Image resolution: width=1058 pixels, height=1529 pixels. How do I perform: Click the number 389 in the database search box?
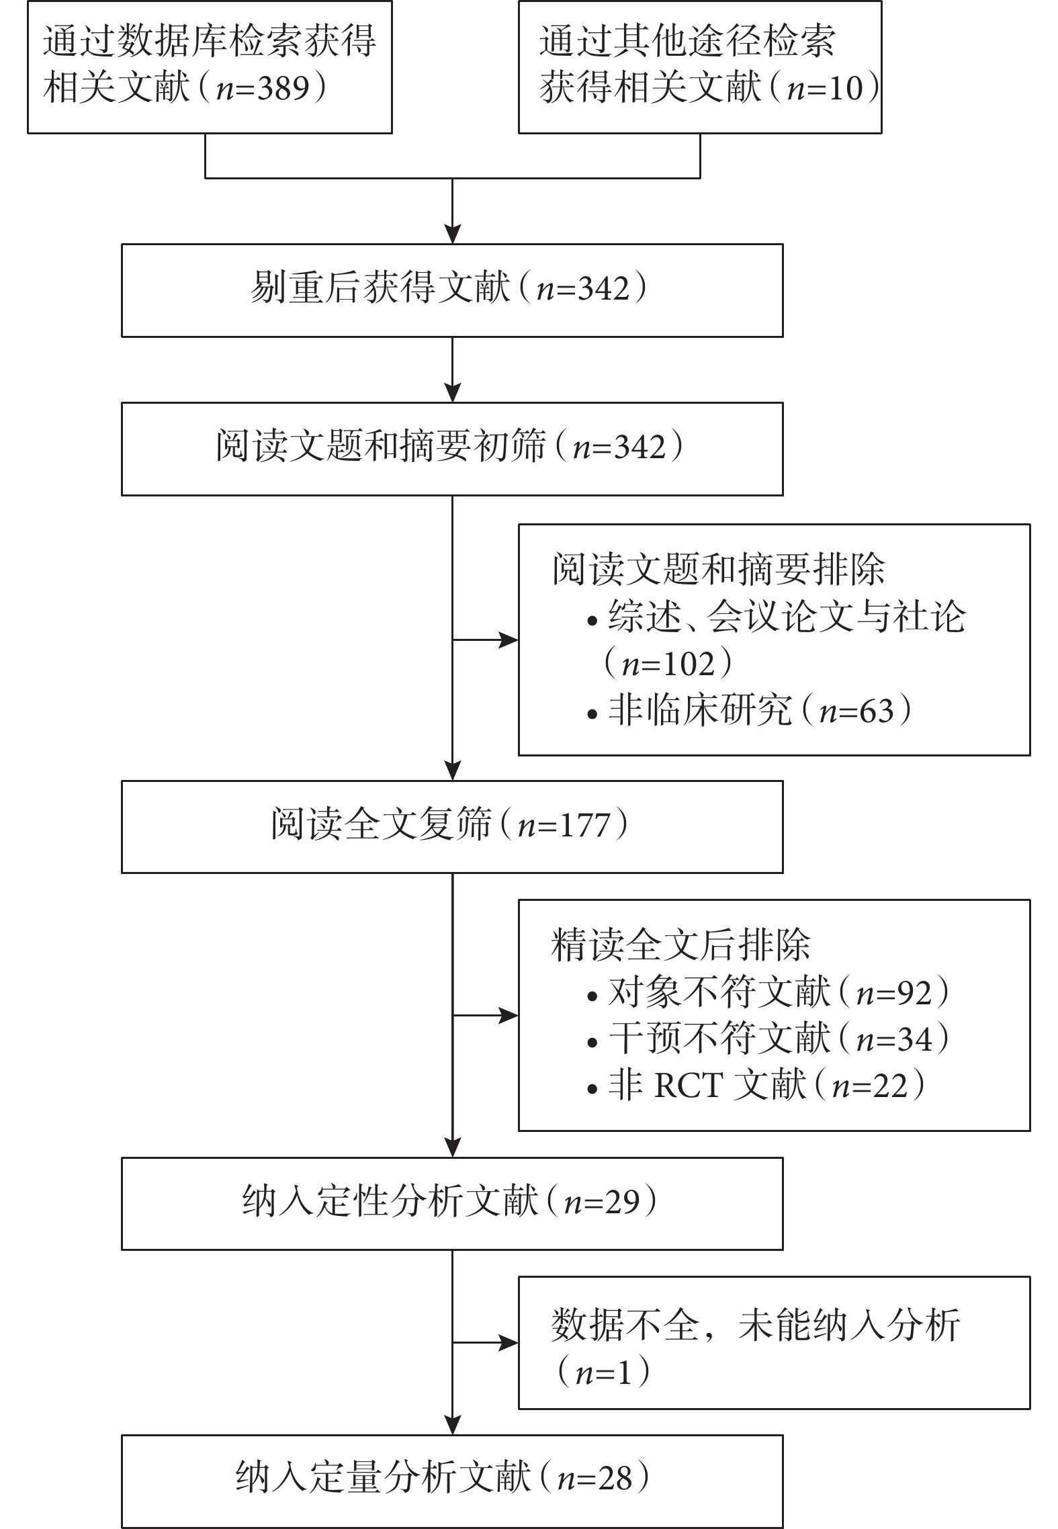click(283, 88)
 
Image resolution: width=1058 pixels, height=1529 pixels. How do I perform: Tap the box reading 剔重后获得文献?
click(452, 290)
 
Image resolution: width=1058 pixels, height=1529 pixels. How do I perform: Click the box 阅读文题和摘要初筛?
click(452, 449)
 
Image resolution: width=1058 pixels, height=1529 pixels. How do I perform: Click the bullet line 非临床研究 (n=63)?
click(749, 711)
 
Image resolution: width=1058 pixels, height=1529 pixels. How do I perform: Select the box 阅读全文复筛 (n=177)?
click(452, 826)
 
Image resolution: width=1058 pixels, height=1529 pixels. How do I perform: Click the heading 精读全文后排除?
click(680, 945)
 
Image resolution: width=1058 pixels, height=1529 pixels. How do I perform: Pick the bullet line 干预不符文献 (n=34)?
click(768, 1039)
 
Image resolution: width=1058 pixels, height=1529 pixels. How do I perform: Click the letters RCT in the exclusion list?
click(689, 1086)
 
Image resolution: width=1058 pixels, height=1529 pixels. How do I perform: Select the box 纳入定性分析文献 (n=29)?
click(452, 1203)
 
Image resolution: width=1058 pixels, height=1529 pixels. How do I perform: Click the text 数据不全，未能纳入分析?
click(755, 1325)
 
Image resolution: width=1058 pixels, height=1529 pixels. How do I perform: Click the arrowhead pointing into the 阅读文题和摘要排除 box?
click(509, 640)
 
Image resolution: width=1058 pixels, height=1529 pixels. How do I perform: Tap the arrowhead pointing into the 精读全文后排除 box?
click(509, 1016)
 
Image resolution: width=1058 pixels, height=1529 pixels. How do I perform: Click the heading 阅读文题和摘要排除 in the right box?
click(718, 570)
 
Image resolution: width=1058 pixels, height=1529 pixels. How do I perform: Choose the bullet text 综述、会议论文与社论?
click(787, 617)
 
